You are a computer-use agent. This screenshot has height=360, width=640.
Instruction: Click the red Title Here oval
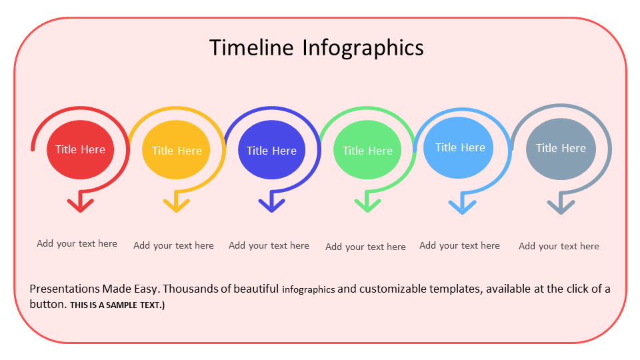[81, 150]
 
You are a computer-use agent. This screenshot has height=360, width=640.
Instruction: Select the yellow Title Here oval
[176, 150]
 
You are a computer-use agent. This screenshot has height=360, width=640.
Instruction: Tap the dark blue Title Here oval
[271, 150]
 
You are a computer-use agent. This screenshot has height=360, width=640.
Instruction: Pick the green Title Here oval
[367, 150]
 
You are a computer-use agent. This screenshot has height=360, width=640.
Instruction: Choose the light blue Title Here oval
[459, 148]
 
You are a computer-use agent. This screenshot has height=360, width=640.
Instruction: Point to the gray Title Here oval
[561, 149]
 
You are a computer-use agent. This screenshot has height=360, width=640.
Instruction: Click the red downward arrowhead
[81, 205]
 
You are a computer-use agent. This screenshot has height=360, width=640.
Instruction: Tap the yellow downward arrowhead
[176, 205]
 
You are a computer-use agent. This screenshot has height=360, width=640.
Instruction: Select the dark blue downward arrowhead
[272, 205]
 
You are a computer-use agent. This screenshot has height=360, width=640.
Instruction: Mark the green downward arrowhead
[367, 205]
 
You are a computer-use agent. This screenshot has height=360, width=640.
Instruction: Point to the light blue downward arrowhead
[463, 207]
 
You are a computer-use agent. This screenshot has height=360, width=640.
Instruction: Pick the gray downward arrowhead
[561, 207]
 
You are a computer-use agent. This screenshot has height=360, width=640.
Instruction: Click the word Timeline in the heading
[251, 47]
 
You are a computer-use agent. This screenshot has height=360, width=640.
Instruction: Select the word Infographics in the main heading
[363, 49]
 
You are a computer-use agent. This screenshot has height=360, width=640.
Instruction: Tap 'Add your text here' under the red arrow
[77, 244]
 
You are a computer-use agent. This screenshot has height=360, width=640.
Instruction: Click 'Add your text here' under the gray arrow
[559, 246]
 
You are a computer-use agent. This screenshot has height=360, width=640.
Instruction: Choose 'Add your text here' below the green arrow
[365, 247]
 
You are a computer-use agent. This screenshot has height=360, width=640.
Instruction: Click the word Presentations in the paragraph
[65, 289]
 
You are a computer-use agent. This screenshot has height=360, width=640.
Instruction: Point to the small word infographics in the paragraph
[308, 290]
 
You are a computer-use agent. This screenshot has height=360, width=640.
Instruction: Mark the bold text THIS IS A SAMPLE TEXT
[117, 305]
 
